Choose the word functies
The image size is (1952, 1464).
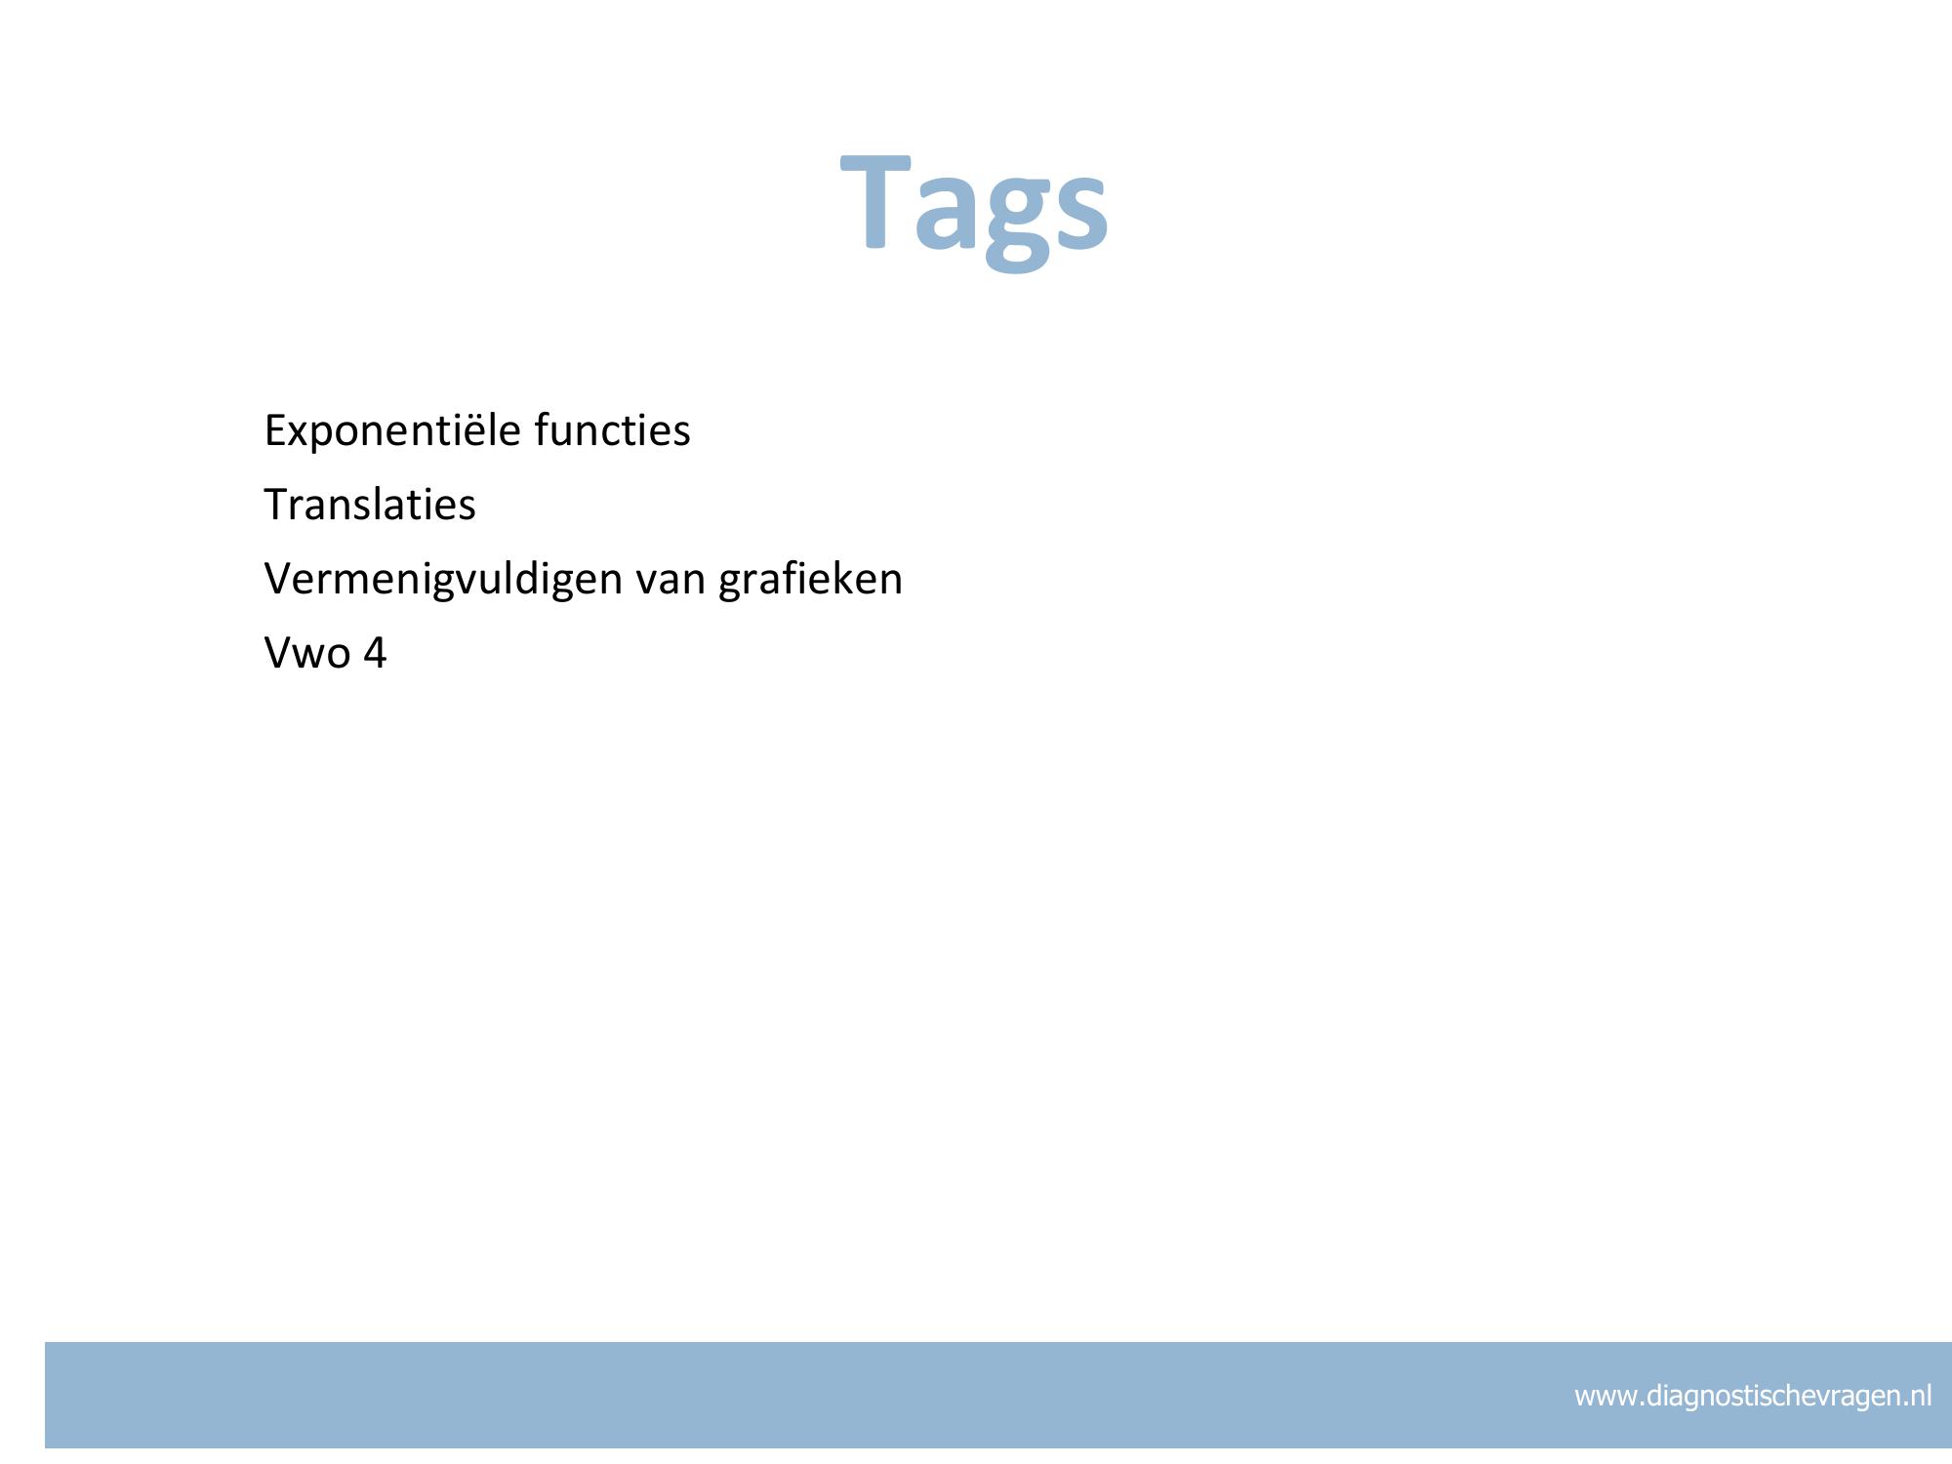tap(613, 430)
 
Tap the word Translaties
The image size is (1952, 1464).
tap(370, 505)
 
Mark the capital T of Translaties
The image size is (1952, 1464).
tap(277, 505)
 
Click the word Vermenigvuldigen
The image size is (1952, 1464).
tap(444, 580)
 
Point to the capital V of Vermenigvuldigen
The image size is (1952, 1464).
tap(280, 579)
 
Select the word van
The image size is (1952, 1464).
tap(671, 584)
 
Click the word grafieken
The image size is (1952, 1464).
tap(811, 580)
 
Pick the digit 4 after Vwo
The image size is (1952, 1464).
tap(374, 653)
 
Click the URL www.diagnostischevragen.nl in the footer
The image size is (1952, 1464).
tap(1753, 1397)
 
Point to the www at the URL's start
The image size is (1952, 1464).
tap(1607, 1400)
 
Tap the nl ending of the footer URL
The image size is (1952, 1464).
tap(1920, 1396)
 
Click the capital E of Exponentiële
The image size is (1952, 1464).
tap(276, 430)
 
